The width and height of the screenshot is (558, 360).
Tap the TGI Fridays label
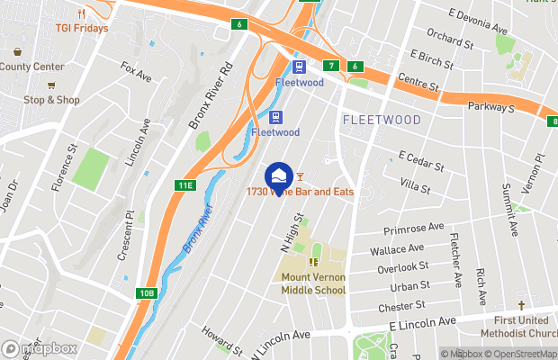pos(80,28)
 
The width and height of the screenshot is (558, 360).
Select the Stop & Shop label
pos(51,100)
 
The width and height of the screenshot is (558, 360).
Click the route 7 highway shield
pos(332,67)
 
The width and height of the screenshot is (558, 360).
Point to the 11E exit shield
pos(184,186)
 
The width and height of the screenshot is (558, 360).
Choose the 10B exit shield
pos(148,293)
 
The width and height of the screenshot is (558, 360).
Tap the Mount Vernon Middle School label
pos(313,283)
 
